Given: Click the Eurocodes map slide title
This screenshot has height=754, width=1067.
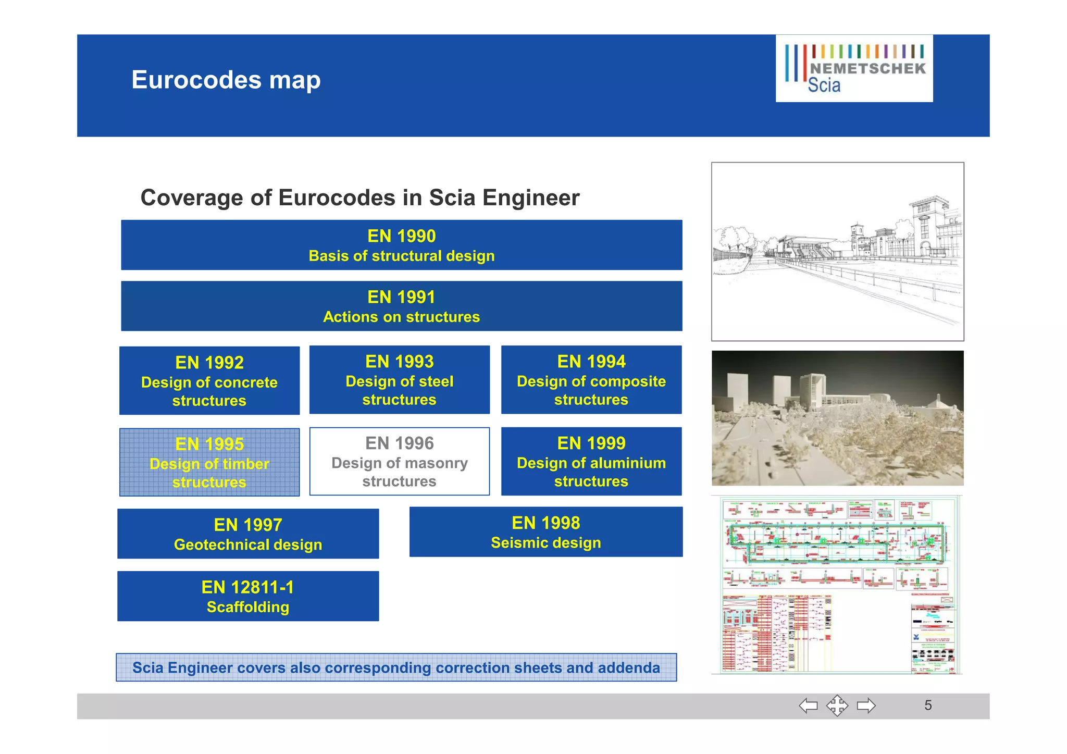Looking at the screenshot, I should pos(226,80).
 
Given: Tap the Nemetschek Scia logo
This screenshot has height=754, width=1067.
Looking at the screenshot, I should pos(854,69).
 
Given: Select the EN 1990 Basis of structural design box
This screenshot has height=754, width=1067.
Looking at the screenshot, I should pos(401,245).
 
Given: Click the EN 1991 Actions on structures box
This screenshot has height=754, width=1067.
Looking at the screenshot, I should pos(401,306).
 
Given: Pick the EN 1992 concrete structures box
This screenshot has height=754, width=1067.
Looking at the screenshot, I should pos(209,380).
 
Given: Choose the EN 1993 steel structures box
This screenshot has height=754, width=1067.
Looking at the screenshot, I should pos(399,380).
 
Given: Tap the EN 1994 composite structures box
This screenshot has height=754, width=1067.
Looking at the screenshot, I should pos(591,380).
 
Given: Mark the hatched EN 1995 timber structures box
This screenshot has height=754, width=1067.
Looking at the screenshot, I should pos(209,462).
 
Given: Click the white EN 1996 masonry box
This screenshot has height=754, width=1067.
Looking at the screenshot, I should pos(399,462).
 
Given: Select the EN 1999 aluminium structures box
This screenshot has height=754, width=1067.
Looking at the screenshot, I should pos(591,462).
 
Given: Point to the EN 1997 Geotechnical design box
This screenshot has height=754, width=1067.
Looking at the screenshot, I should pos(248,534).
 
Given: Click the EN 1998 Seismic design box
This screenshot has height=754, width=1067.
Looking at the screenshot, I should pos(545,532).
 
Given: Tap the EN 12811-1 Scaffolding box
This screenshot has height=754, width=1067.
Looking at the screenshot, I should pos(248,596).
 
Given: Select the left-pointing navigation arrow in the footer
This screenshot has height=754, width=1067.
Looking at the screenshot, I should pos(808,706).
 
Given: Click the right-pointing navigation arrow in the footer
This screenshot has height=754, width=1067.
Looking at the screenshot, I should pos(866,706).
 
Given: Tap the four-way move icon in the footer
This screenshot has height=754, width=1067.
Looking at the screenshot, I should pos(837,706).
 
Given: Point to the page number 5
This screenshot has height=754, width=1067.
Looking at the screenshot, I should pos(928,706).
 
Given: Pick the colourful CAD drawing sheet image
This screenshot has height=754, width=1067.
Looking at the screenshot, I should pos(837,585).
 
